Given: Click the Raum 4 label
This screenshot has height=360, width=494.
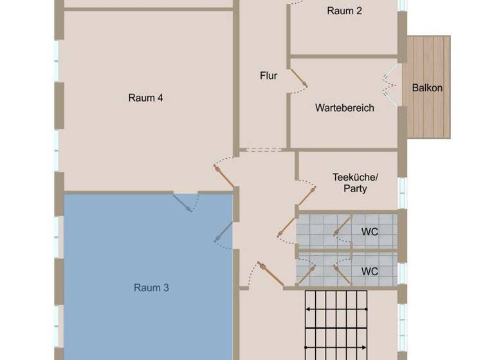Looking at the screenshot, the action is point(145,98).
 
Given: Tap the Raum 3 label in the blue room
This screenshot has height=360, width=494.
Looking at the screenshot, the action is point(151,287).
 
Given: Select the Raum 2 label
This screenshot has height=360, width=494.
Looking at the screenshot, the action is point(344,11).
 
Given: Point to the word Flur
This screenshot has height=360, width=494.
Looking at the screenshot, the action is point(268,76).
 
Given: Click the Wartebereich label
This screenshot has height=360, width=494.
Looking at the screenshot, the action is point(345,108).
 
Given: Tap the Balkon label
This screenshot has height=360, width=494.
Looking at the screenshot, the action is point(427,87).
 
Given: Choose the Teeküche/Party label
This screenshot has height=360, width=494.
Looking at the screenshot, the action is point(355,183).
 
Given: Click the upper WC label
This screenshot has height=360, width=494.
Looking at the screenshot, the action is point(370,232).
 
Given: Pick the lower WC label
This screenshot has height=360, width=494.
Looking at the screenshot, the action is point(370,271).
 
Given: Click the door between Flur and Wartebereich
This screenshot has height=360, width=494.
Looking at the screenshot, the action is point(298,78).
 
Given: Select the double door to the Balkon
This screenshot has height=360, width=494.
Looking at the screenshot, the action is point(390,85).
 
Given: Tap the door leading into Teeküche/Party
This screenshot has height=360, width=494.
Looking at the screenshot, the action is point(307,196).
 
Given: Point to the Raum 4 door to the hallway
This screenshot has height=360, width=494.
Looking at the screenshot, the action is point(224,175).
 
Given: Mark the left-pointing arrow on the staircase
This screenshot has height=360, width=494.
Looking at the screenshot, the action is point(336,309).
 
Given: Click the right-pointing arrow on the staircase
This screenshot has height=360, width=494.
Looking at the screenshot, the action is point(336,347).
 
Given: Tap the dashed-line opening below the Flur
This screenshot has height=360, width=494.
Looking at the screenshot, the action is point(263,150).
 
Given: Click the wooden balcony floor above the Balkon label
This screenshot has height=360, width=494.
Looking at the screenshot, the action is point(429,59).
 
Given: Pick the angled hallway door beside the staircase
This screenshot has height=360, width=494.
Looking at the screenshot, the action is point(271,274).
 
